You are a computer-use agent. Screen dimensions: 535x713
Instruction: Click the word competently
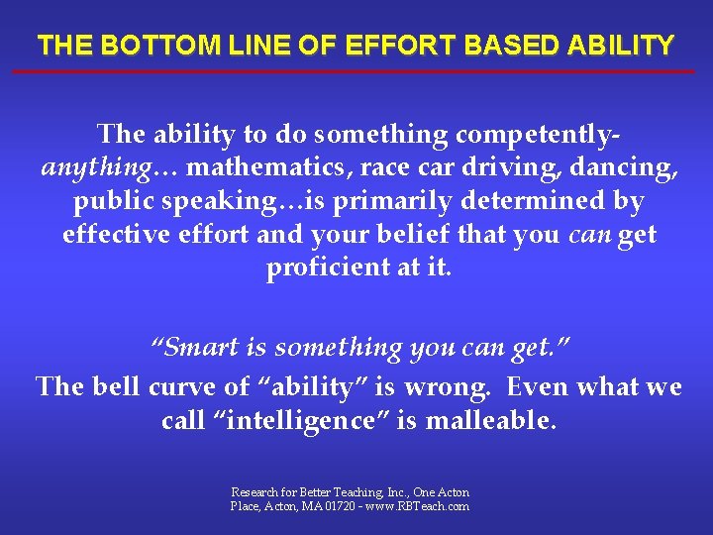pyautogui.click(x=543, y=134)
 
